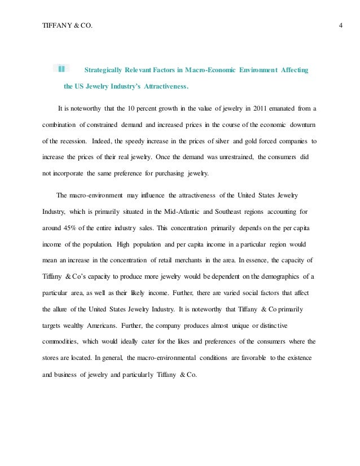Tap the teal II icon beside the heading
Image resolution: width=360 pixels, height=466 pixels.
pos(61,69)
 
